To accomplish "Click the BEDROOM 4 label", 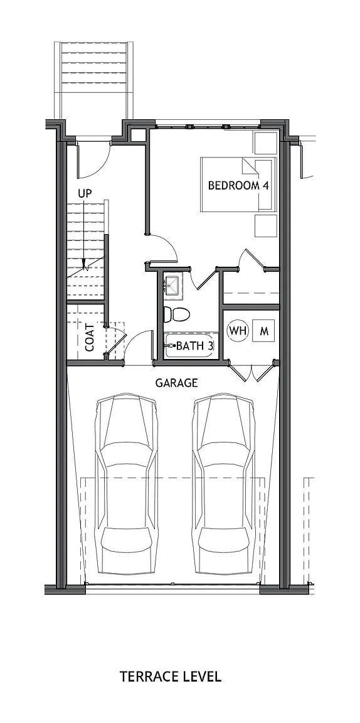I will (x=233, y=186).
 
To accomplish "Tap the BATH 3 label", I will (x=194, y=346).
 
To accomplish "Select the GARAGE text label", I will (x=176, y=382).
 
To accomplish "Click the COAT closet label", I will (x=90, y=337).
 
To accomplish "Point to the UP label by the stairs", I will (x=85, y=193).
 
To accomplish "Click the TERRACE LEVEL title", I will (x=171, y=676).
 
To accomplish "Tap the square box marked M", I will (x=264, y=331).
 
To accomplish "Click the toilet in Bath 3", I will (x=176, y=314).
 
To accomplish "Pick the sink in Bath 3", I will (x=171, y=285).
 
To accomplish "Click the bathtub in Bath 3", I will (x=191, y=346).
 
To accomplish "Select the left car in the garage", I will (x=125, y=483).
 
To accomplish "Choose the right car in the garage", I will (x=225, y=483).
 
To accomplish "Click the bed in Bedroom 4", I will (x=238, y=184).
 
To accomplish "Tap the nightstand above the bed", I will (x=265, y=142).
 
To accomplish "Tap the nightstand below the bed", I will (x=265, y=225).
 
